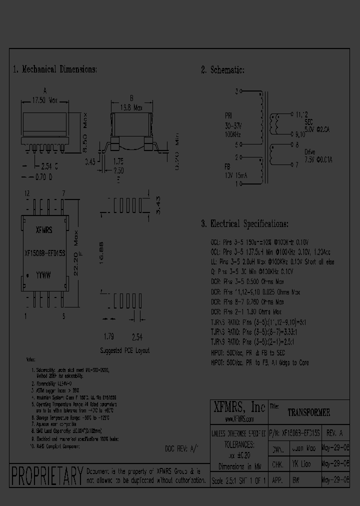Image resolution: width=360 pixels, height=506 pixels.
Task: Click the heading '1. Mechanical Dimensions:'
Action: [55, 70]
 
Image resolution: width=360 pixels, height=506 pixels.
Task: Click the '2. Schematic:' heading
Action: [222, 70]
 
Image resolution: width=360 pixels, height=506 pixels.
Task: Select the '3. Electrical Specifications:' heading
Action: [244, 224]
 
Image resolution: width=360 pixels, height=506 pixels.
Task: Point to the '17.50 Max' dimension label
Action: [45, 100]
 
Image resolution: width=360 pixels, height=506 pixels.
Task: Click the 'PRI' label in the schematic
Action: [229, 114]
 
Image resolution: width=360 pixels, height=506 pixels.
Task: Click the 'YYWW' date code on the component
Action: [45, 274]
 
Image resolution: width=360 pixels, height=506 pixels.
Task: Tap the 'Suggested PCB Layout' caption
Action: [124, 350]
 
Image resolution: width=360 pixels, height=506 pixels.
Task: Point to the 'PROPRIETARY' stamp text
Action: [46, 474]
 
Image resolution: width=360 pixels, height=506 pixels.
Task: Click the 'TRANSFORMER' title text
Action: [308, 413]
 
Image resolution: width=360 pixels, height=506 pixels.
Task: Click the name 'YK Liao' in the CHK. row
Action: [302, 464]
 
